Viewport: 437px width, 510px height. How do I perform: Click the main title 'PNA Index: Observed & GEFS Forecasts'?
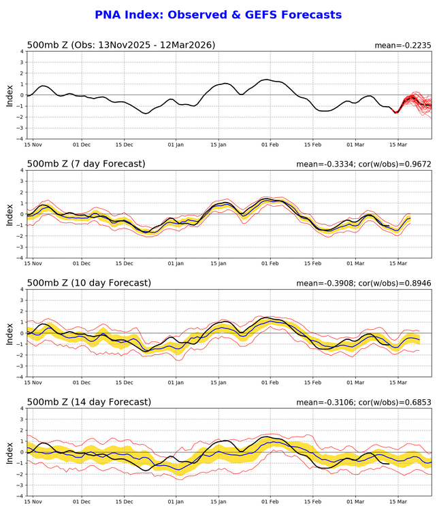[x=218, y=15]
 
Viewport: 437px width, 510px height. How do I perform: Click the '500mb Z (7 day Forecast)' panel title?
[x=86, y=164]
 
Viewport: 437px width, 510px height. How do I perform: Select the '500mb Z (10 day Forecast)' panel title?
[x=88, y=283]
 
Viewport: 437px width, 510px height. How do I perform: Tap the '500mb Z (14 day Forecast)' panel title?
[x=88, y=402]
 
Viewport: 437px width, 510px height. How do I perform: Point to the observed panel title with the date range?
[x=120, y=45]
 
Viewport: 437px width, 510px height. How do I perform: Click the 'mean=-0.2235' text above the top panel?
[x=402, y=46]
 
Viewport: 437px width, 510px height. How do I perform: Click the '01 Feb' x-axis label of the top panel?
[x=270, y=145]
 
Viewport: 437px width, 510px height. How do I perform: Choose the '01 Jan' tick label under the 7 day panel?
[x=176, y=264]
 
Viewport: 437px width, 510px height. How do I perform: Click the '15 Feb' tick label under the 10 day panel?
[x=312, y=383]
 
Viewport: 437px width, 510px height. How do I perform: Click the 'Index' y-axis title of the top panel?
[x=10, y=95]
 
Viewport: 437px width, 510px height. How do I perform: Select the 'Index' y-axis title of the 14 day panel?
[x=10, y=452]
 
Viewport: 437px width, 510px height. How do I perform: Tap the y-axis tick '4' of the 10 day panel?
[x=21, y=290]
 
